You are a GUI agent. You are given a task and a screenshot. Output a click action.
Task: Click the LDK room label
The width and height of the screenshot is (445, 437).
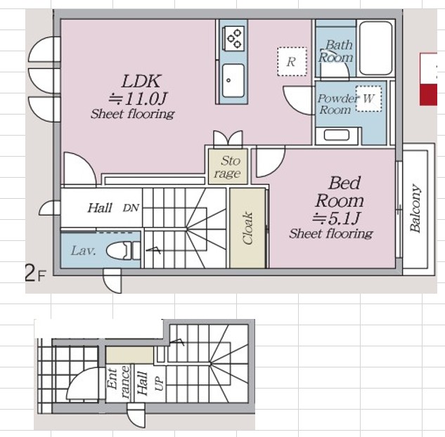(x=141, y=81)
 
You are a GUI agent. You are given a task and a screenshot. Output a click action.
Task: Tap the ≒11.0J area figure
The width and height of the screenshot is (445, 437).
(x=138, y=98)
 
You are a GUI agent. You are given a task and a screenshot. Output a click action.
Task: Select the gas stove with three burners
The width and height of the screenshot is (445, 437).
(x=234, y=39)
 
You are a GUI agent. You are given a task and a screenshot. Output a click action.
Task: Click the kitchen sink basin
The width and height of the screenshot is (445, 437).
(x=233, y=81)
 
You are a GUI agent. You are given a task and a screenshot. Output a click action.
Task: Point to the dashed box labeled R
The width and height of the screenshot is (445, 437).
(x=292, y=62)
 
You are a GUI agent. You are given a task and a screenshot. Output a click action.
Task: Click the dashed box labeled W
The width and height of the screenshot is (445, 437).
(x=368, y=98)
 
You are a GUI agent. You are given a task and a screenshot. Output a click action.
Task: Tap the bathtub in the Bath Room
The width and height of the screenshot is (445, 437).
(x=376, y=48)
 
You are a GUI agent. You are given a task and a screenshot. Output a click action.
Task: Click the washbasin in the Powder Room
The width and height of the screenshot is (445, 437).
(x=337, y=135)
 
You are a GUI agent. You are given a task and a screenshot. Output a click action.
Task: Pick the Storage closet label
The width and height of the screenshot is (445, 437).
(x=229, y=167)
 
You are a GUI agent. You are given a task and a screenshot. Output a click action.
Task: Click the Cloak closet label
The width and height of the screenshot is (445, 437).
(x=247, y=228)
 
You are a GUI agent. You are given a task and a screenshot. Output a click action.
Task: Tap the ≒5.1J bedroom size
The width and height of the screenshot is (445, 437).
(x=336, y=218)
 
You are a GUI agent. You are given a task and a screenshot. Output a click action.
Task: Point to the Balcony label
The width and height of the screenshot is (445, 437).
(x=415, y=209)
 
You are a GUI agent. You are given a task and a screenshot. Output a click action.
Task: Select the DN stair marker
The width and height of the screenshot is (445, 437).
(x=131, y=208)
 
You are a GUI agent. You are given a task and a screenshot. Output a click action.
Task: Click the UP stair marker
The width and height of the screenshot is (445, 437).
(x=160, y=383)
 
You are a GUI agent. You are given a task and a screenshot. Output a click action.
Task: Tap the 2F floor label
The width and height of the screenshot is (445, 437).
(x=35, y=273)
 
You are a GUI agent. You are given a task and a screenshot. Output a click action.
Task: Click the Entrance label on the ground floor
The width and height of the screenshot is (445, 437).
(x=118, y=383)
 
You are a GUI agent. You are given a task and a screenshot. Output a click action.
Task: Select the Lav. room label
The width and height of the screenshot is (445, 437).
(x=83, y=251)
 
